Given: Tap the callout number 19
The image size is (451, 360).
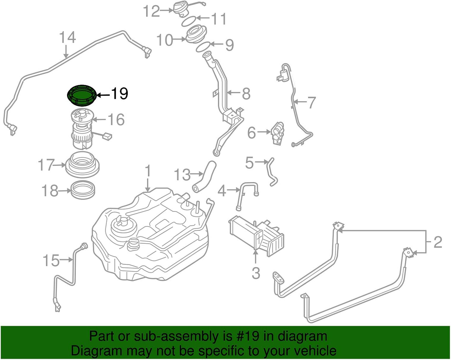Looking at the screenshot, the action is [119, 94].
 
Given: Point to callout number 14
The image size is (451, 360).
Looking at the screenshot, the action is [67, 38].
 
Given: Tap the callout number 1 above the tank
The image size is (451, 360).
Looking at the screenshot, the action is [148, 171].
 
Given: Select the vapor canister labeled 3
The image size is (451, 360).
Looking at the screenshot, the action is [256, 237].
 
